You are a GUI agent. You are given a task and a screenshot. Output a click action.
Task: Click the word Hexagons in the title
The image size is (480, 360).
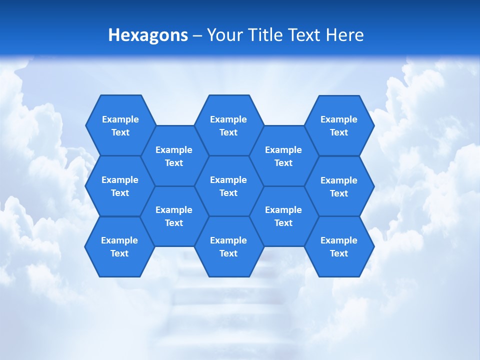pos(148,35)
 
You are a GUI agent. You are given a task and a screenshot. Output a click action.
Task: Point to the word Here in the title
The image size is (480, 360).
pos(344,35)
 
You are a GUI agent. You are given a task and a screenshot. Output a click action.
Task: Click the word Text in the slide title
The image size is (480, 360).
pos(304,35)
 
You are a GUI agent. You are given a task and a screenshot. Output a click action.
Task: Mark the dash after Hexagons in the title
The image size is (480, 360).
pos(197,35)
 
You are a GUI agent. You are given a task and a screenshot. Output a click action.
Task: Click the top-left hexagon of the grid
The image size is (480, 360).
pos(120,125)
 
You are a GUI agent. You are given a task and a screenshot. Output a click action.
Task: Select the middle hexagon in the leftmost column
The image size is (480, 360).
pos(120,186)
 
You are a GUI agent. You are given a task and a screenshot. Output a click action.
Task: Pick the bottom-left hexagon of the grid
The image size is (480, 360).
pos(119,246)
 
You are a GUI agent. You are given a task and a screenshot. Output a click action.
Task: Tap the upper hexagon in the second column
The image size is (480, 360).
pos(174,156)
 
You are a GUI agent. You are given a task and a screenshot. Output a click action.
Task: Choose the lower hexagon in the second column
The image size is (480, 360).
pos(174,216)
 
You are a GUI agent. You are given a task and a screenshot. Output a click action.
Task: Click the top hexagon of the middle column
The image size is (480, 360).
pos(228,125)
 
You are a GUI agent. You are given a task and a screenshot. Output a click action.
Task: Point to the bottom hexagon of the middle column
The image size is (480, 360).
pos(228,246)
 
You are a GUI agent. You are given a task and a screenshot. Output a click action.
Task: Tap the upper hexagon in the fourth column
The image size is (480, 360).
pos(283,156)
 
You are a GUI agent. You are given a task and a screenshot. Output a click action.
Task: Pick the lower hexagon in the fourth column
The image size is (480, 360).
pos(283,216)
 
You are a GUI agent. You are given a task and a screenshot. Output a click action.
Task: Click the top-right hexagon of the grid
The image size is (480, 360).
pos(339,125)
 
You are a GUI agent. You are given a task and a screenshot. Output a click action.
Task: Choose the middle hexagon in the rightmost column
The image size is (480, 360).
pos(339,186)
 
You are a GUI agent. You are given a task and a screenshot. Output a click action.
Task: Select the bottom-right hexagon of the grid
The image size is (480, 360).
pos(339,246)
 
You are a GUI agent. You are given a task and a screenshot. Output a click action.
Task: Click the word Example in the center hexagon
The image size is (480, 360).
pos(228,180)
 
